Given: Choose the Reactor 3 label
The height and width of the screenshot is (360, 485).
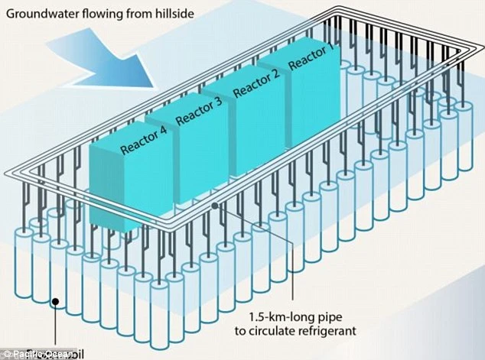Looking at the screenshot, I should [x=200, y=112].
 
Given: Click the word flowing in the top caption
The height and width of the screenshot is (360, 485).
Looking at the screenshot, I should [x=100, y=12].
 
